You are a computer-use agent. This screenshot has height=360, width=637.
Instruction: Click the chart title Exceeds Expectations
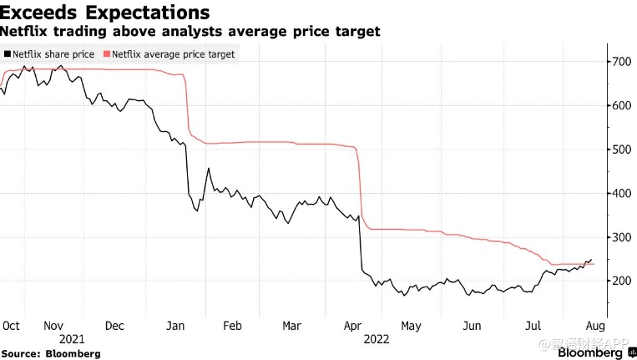104,13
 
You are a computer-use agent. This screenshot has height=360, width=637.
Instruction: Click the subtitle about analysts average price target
190,32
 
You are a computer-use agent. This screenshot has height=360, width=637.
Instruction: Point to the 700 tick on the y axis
620,62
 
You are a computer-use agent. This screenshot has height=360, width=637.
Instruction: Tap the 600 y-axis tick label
620,106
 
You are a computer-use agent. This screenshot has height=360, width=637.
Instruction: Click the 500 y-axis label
620,150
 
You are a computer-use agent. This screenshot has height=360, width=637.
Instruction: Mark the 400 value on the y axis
620,194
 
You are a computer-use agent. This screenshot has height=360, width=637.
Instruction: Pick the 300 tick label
620,237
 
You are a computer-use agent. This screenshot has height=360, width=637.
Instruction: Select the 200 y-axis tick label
620,281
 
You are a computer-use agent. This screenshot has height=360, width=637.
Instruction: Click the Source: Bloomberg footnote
51,353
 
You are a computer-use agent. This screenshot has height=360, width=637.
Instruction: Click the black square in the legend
8,54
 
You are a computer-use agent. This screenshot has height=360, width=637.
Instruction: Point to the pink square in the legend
106,54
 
